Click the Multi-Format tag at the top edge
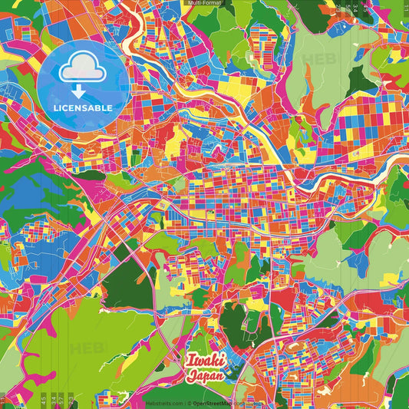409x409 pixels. coord(204,3)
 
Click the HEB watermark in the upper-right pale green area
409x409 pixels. coord(315,58)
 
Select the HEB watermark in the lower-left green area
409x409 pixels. coord(86,348)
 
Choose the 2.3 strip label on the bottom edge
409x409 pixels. coord(70,399)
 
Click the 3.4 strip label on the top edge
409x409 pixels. coord(357,9)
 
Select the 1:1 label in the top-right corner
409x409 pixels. coord(404,8)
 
